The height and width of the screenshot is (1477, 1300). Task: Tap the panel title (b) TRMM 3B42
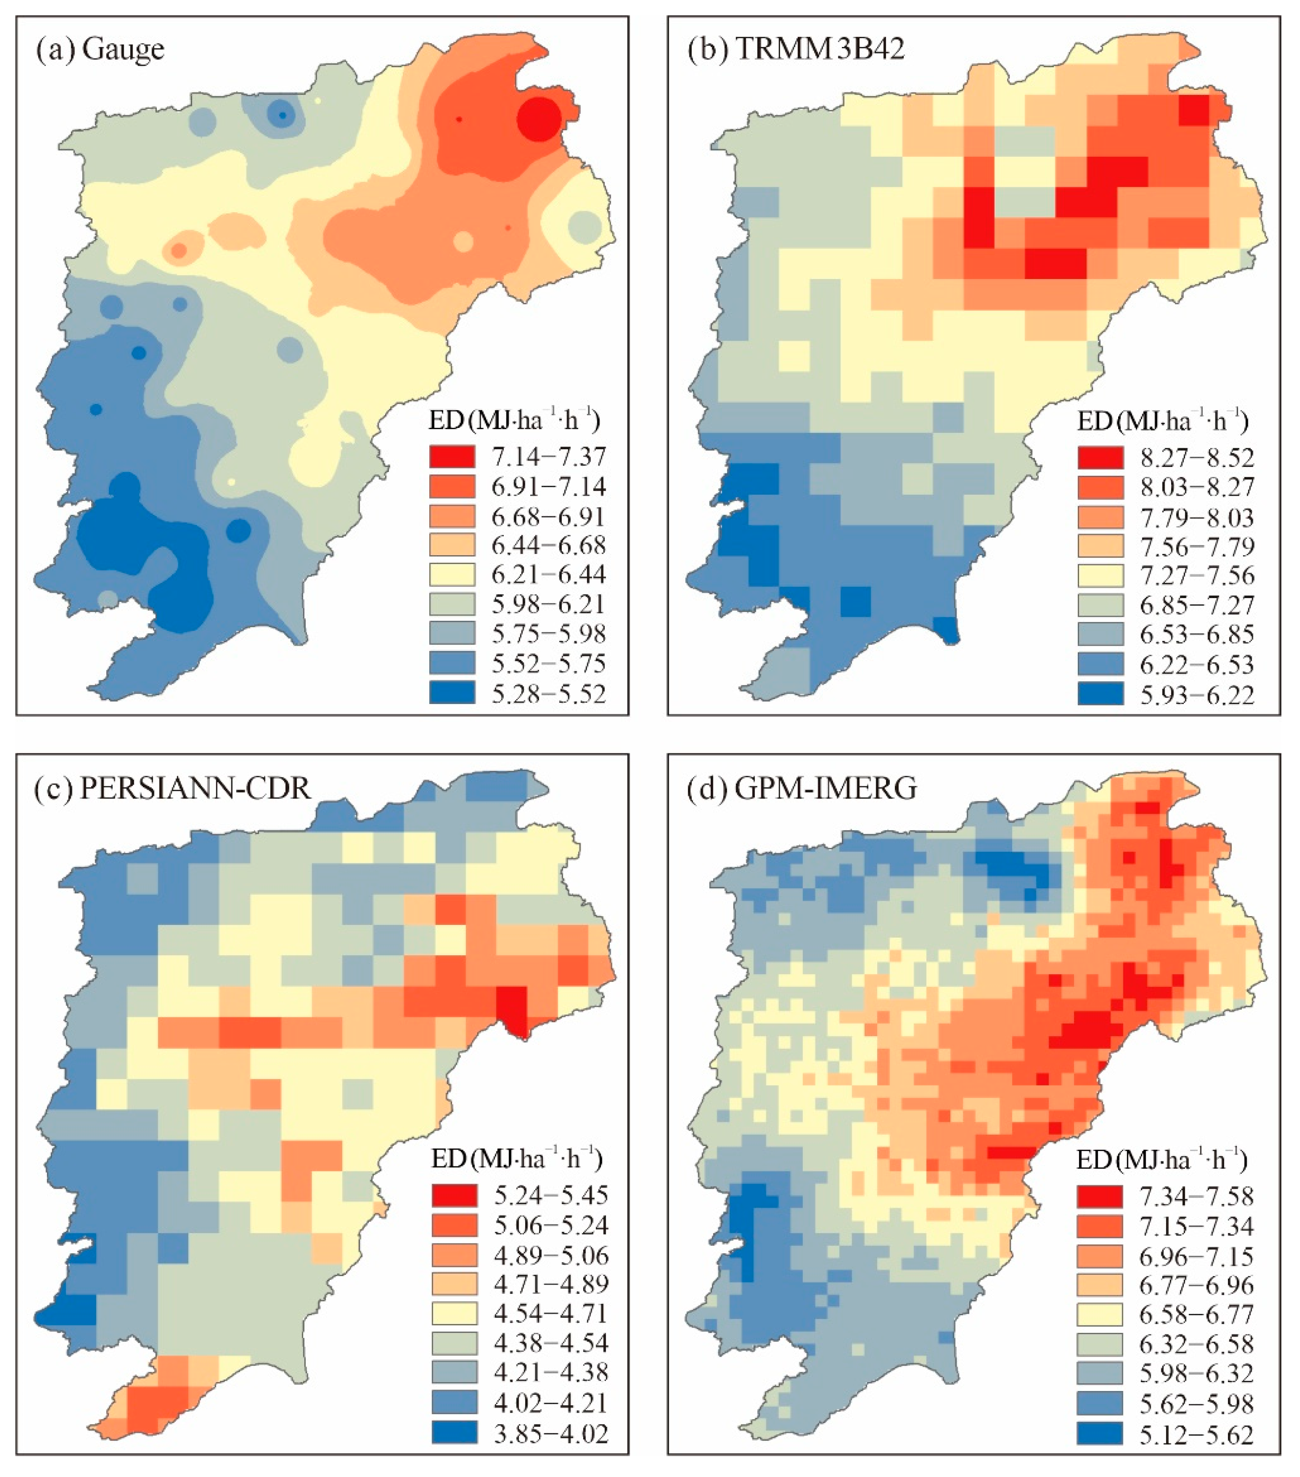click(x=795, y=50)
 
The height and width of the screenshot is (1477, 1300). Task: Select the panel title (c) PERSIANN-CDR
click(x=173, y=788)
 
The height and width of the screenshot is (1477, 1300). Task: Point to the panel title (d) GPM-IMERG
click(x=802, y=788)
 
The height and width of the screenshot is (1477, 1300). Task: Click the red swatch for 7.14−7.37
click(x=453, y=457)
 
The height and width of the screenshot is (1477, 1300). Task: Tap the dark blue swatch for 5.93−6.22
click(x=1100, y=694)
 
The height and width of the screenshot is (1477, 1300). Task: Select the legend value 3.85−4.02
click(x=551, y=1432)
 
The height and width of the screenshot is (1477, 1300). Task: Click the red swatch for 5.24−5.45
click(x=454, y=1195)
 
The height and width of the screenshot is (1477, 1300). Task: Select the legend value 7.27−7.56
click(x=1197, y=576)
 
